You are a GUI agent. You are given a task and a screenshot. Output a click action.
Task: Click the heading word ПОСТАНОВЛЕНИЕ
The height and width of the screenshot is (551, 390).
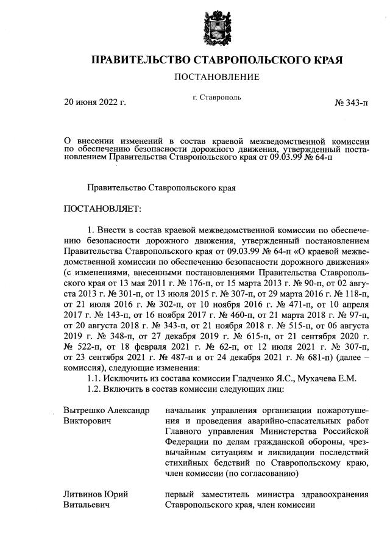click(217, 77)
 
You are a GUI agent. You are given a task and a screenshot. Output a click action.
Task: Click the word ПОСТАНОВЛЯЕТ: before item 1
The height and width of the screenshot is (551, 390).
click(102, 209)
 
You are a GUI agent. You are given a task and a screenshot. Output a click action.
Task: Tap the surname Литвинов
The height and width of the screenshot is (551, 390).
click(82, 494)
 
